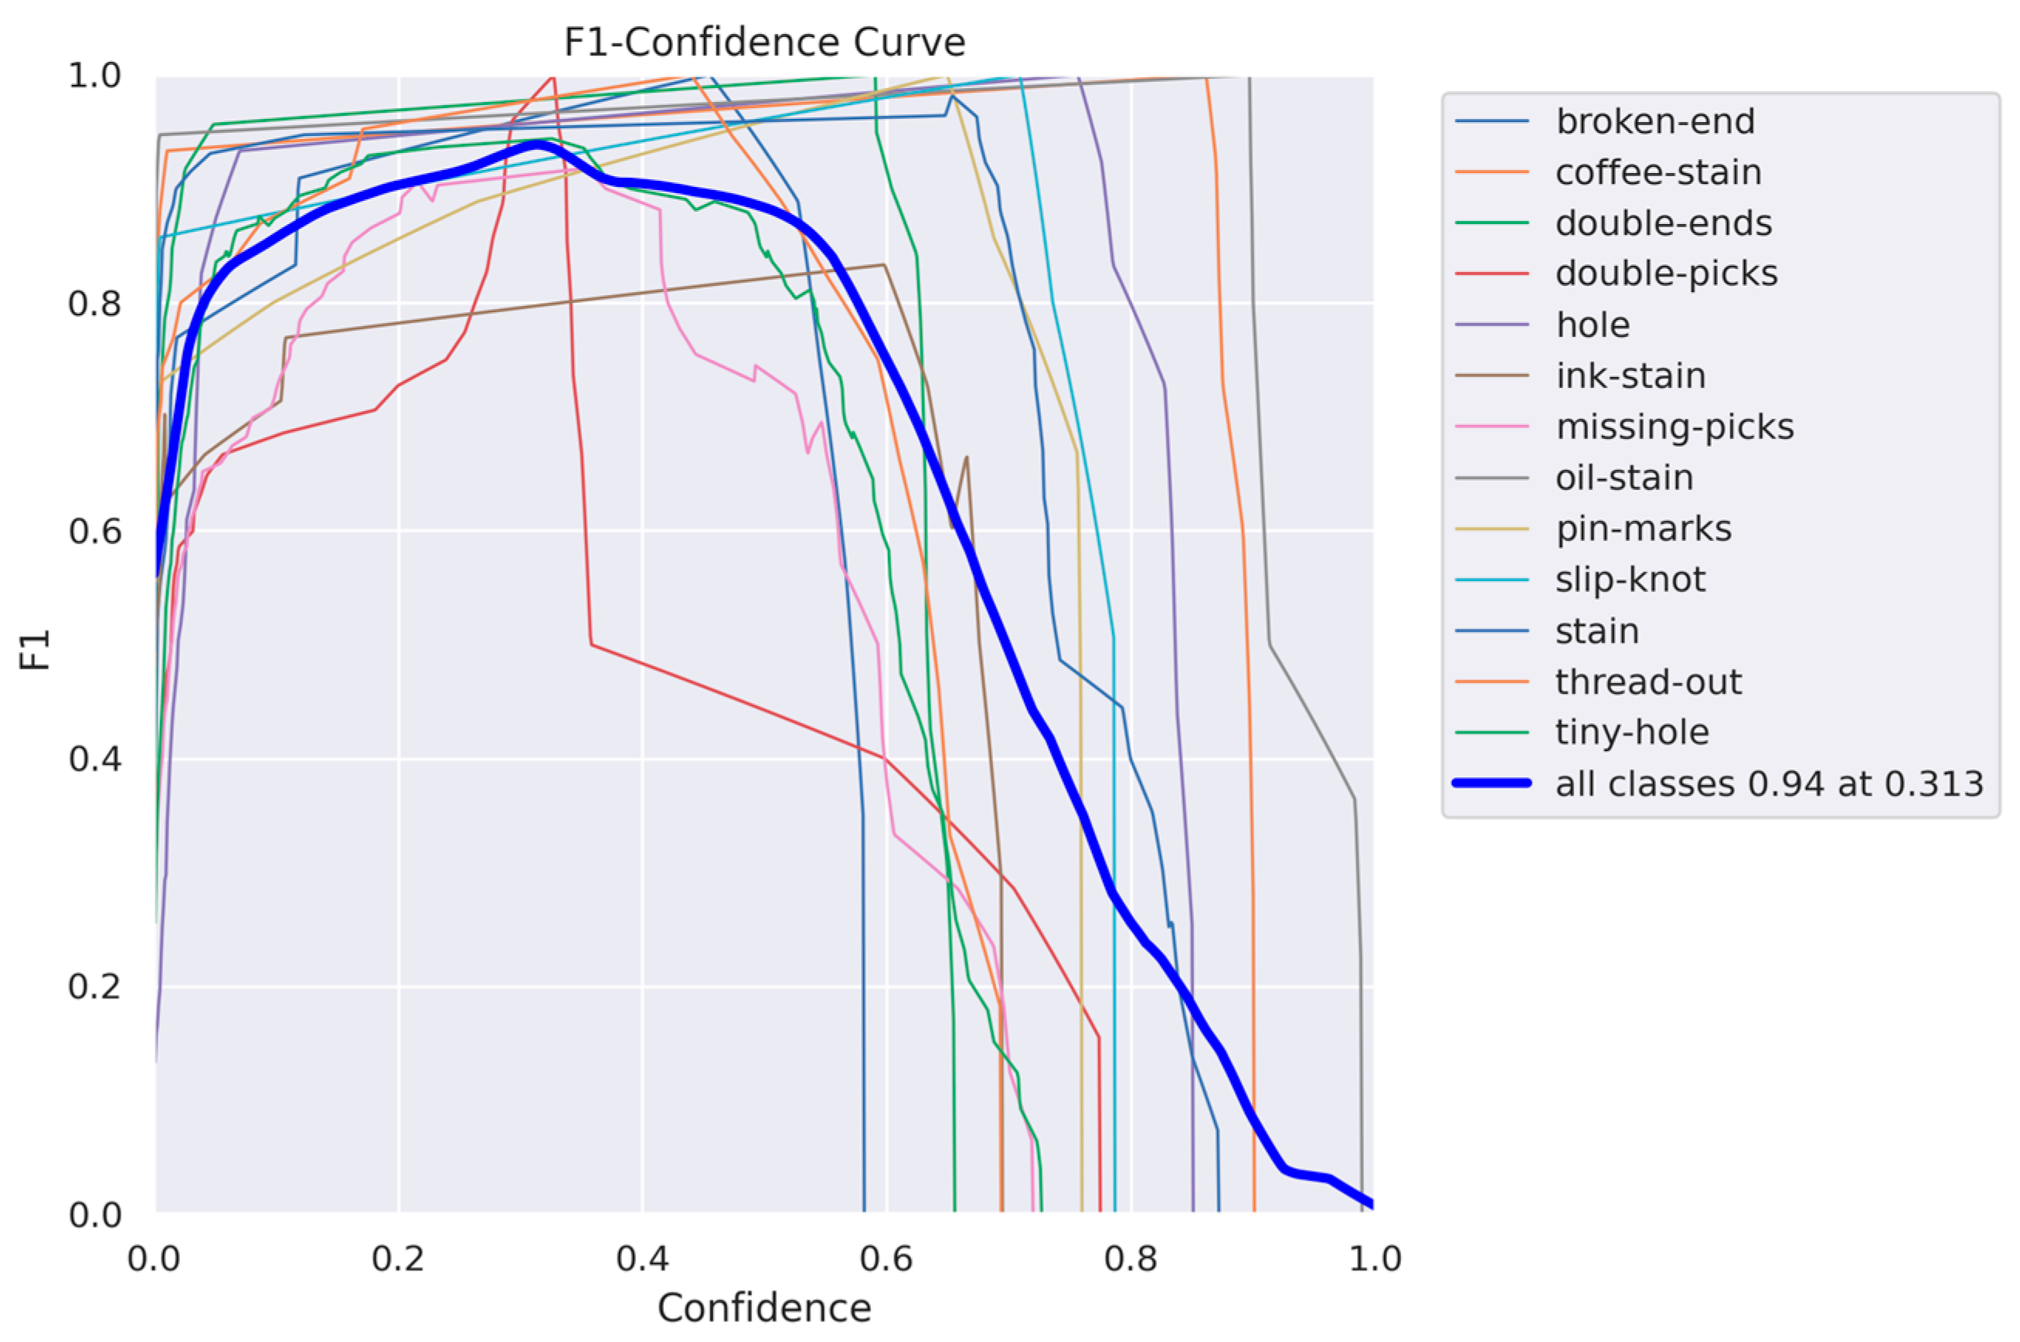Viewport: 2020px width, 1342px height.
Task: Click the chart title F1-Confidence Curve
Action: (x=763, y=42)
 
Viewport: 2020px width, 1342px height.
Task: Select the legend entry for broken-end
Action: (x=1654, y=121)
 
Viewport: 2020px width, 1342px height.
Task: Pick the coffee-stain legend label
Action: (x=1658, y=172)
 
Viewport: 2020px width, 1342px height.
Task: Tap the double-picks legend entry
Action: (x=1665, y=273)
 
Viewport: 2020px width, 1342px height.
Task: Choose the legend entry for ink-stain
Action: (x=1630, y=375)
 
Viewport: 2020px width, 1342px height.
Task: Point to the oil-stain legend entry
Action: (x=1624, y=477)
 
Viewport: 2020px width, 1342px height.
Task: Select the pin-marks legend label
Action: (x=1644, y=528)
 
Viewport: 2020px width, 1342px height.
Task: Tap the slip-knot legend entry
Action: (x=1630, y=579)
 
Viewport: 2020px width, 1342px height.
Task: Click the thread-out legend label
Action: (x=1648, y=681)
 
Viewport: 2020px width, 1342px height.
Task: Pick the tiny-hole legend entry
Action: (x=1631, y=732)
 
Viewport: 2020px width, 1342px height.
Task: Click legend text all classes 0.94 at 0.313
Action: (x=1768, y=783)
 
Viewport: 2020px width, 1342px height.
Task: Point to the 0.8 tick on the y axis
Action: (x=94, y=304)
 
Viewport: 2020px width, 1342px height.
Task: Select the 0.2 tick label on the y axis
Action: (x=94, y=987)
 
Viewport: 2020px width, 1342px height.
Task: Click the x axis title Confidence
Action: (x=763, y=1308)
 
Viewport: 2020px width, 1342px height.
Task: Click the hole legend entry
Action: (x=1592, y=325)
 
